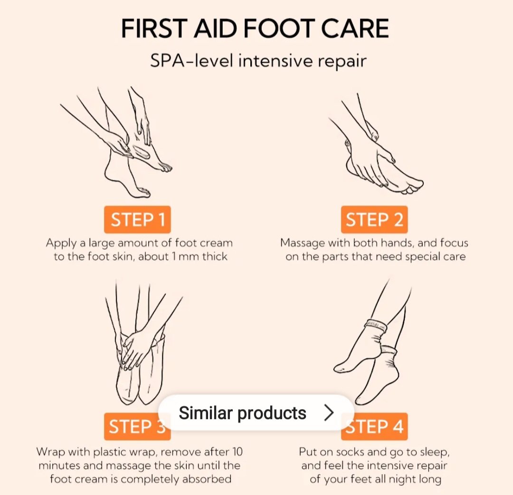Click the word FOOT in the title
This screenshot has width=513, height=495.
[279, 28]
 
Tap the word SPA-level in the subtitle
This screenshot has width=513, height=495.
[191, 61]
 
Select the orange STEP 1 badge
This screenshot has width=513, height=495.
[137, 219]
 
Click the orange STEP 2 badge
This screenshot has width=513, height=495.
[374, 219]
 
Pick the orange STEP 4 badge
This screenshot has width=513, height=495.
[374, 426]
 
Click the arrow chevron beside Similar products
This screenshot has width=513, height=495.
[329, 412]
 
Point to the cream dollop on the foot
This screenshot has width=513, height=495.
[142, 152]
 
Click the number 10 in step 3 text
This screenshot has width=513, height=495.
[237, 452]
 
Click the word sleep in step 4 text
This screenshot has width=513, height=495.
[435, 452]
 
